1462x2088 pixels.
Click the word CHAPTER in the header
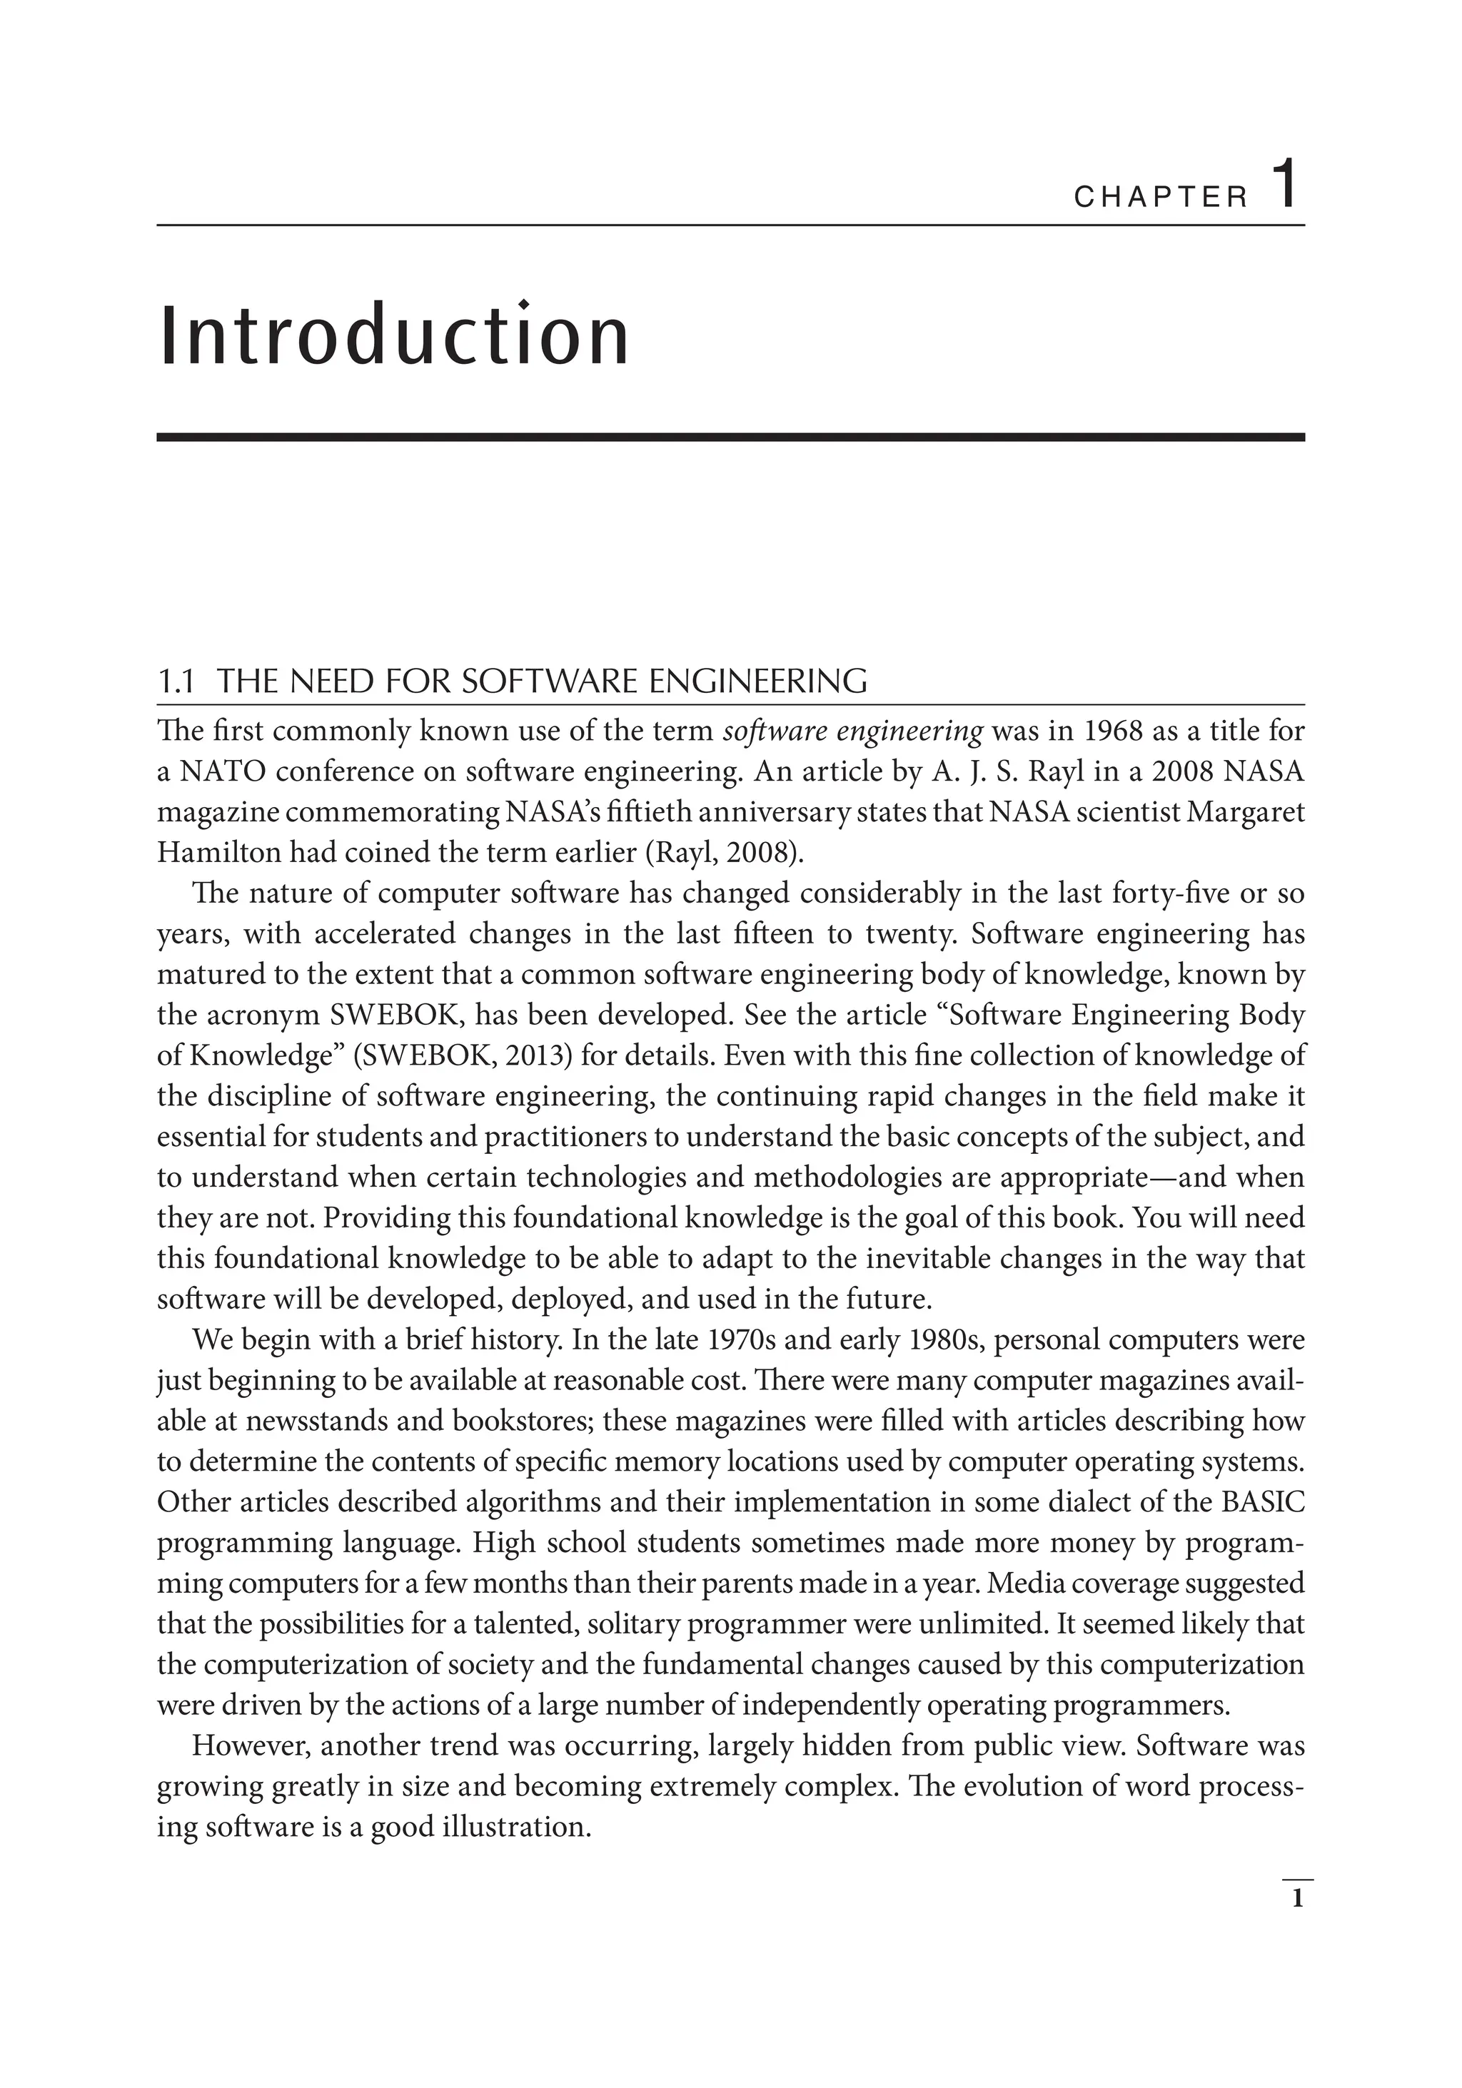pyautogui.click(x=1161, y=198)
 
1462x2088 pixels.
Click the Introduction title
pyautogui.click(x=394, y=338)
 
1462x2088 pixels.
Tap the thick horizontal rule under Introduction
pyautogui.click(x=730, y=437)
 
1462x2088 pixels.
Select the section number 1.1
pyautogui.click(x=176, y=682)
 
